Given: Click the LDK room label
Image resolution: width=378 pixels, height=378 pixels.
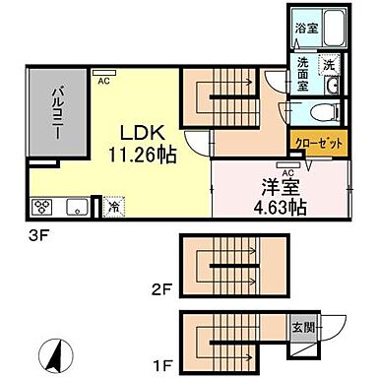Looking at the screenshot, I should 135,132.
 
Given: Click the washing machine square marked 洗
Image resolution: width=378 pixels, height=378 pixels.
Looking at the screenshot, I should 331,63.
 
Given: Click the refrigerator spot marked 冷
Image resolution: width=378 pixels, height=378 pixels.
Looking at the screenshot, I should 113,207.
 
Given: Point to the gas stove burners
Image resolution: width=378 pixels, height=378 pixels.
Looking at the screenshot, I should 43,207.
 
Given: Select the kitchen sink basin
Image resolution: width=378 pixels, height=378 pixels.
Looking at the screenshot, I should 74,207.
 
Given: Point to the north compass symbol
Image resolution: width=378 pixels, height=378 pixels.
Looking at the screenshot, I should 52,349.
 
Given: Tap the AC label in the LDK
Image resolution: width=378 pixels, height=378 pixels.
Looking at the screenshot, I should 102,81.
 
